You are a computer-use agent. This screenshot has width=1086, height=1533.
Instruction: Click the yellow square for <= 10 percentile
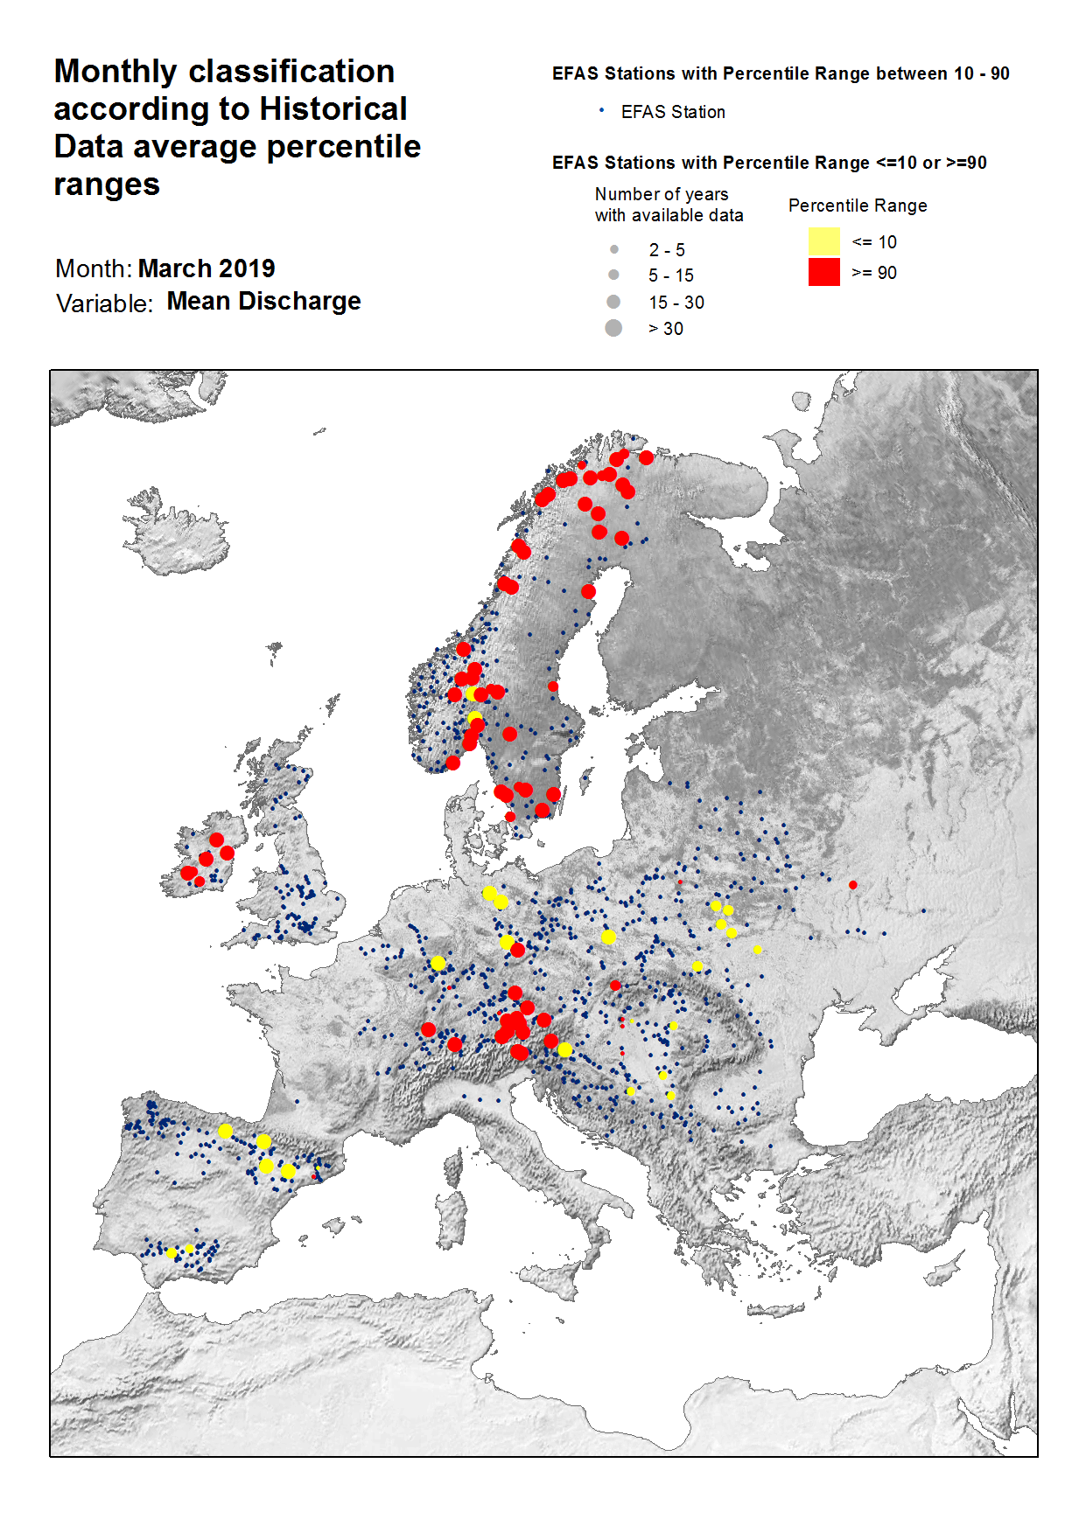pyautogui.click(x=823, y=241)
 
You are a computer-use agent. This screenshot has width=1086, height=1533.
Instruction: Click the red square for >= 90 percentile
pyautogui.click(x=823, y=272)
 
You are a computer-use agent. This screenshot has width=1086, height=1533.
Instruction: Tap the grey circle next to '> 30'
pyautogui.click(x=613, y=328)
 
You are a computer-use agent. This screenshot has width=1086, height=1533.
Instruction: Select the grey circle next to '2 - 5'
pyautogui.click(x=614, y=250)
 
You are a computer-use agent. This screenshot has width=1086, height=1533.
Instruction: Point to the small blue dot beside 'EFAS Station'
pyautogui.click(x=601, y=110)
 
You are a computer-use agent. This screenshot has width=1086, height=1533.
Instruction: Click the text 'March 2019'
pyautogui.click(x=207, y=268)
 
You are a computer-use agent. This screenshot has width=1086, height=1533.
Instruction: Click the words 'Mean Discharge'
pyautogui.click(x=263, y=302)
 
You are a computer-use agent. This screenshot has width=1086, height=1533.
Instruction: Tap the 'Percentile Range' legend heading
pyautogui.click(x=857, y=206)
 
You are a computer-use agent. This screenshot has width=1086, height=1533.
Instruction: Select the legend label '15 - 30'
pyautogui.click(x=676, y=303)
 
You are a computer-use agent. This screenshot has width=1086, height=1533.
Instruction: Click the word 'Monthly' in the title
pyautogui.click(x=116, y=72)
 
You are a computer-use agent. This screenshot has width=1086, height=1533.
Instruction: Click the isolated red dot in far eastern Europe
pyautogui.click(x=852, y=885)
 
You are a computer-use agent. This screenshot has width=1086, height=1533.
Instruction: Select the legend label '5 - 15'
pyautogui.click(x=670, y=275)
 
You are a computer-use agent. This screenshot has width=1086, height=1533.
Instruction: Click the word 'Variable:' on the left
pyautogui.click(x=104, y=303)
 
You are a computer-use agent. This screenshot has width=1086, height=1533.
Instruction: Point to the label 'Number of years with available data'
pyautogui.click(x=668, y=205)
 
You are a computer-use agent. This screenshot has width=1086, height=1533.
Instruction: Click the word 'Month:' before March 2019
pyautogui.click(x=93, y=268)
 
